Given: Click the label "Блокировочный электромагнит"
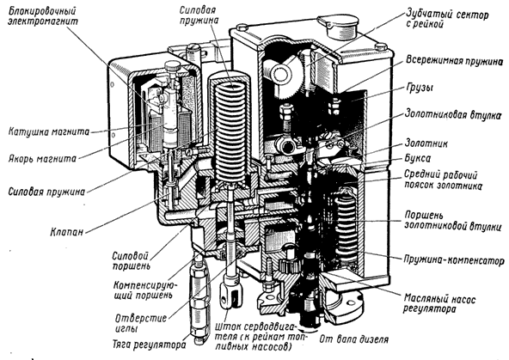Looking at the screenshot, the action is [x=43, y=16].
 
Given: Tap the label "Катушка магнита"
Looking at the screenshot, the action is [x=49, y=132].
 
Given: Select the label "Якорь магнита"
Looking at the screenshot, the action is [x=42, y=159].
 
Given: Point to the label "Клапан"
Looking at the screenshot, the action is [x=67, y=232].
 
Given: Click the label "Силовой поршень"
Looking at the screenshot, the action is [x=132, y=260].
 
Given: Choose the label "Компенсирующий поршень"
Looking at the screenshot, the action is [x=145, y=290].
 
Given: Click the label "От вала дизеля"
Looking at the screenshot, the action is [x=354, y=339].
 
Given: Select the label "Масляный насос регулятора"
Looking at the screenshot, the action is [x=439, y=303].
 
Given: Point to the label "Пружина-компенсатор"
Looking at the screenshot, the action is [x=454, y=260].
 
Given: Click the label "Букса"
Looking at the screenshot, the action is [x=418, y=158].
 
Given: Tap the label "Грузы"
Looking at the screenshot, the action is [x=420, y=88].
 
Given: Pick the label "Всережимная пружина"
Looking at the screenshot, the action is [x=455, y=61].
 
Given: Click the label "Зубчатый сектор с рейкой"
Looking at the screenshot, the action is [x=447, y=19].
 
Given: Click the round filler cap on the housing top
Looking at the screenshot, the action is [x=338, y=27].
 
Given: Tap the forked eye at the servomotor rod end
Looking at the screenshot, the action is [x=230, y=296].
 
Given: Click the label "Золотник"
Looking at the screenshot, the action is [x=426, y=143].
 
